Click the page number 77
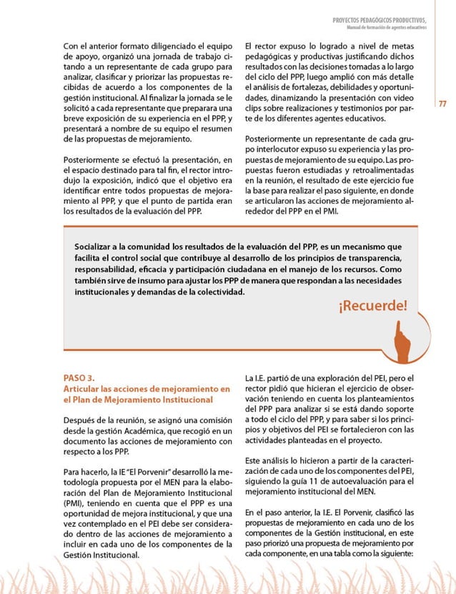[x=442, y=104]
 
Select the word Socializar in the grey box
[x=97, y=246]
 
